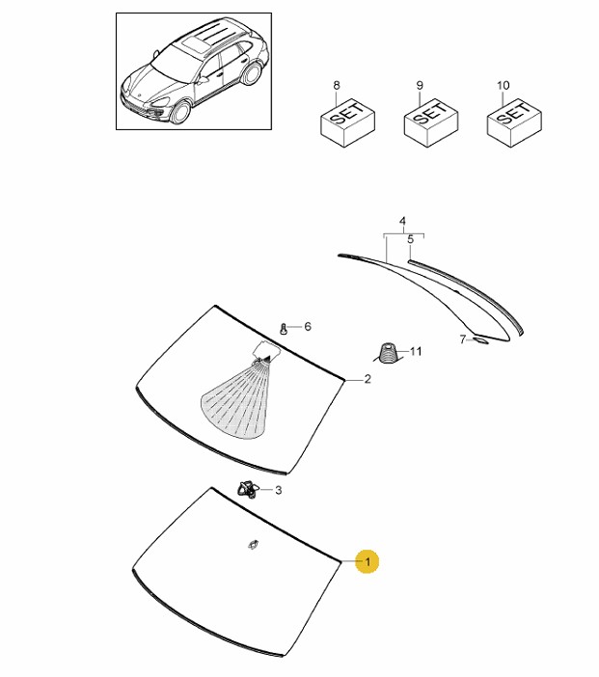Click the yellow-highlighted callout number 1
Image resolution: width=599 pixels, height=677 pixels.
(368, 561)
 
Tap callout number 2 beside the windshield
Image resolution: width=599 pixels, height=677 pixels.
(368, 379)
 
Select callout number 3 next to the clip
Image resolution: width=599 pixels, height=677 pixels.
(279, 490)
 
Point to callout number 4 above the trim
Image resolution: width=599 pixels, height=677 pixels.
(402, 221)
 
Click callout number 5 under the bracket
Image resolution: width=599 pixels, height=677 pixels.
(411, 239)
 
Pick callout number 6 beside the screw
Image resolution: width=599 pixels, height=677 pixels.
(308, 326)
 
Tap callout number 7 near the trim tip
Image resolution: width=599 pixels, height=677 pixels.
(463, 339)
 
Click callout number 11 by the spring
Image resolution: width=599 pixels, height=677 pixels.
(416, 351)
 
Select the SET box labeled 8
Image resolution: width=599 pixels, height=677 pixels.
(347, 122)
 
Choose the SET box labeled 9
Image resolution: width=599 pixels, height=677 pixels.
(430, 122)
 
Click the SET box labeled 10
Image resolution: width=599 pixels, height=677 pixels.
(514, 122)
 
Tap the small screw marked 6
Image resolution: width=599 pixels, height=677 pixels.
(284, 329)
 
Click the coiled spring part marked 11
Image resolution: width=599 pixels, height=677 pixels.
(388, 353)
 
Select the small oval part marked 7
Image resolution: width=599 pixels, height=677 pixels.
(480, 341)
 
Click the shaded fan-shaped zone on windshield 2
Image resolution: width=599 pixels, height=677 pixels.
(236, 399)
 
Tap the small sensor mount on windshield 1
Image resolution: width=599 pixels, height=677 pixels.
(253, 545)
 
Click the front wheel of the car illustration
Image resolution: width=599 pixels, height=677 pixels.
(180, 112)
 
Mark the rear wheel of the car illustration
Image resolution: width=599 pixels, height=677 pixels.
(252, 74)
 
